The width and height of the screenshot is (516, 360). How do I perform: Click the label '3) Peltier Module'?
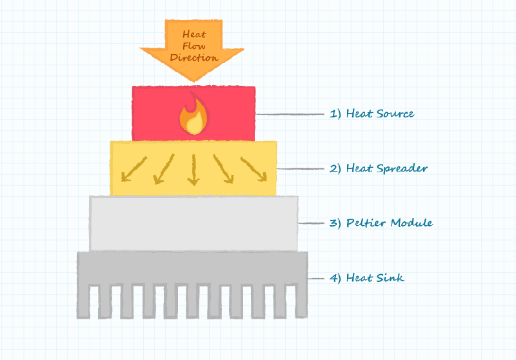381,223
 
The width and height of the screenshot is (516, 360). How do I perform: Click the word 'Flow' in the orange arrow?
193,45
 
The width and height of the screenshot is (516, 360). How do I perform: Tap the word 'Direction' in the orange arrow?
193,57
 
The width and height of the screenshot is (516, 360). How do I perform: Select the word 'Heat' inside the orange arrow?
193,34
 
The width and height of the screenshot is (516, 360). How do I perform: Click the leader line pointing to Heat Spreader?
299,169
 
